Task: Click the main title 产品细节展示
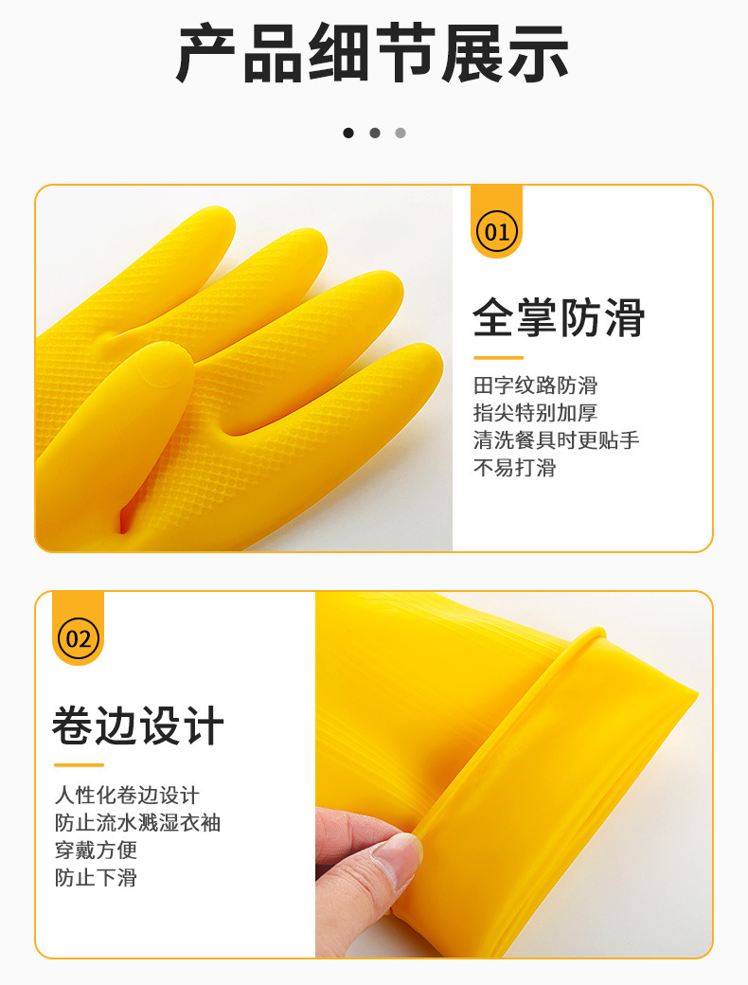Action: click(373, 53)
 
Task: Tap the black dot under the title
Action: click(348, 133)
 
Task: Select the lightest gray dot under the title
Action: click(401, 133)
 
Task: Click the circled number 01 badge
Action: click(497, 232)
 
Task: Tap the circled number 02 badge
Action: click(79, 639)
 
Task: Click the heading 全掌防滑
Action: click(559, 318)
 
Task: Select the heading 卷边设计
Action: click(138, 725)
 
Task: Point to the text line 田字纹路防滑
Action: click(536, 385)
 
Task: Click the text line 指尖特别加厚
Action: click(536, 413)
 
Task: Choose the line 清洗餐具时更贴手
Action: click(557, 440)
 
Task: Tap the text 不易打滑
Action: click(515, 468)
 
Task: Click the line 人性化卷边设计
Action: click(127, 795)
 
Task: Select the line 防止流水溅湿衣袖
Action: click(137, 822)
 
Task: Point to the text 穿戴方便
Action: click(96, 850)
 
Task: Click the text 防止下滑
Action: click(96, 878)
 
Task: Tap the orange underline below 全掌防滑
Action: click(499, 357)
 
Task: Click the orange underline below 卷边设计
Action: click(80, 764)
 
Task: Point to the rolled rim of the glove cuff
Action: click(503, 735)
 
